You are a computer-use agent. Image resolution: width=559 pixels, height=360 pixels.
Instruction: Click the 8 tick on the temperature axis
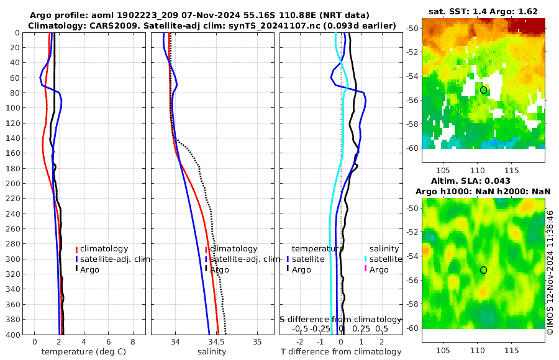coord(133,342)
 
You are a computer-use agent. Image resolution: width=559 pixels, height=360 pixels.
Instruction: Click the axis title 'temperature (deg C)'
coord(84,352)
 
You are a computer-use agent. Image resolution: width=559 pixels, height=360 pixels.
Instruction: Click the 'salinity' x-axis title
coord(212,352)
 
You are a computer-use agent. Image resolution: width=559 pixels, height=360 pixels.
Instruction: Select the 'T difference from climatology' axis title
coord(340,352)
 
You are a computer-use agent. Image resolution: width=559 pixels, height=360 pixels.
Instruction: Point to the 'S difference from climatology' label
coord(340,319)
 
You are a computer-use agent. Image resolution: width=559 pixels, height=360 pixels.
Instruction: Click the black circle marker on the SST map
coord(483,90)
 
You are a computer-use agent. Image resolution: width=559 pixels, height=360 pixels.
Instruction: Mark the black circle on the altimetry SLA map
coord(483,270)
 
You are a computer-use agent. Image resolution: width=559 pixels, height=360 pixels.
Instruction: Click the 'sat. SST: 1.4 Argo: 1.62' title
coord(483,11)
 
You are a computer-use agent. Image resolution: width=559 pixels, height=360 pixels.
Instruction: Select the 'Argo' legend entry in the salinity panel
coord(219,269)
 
